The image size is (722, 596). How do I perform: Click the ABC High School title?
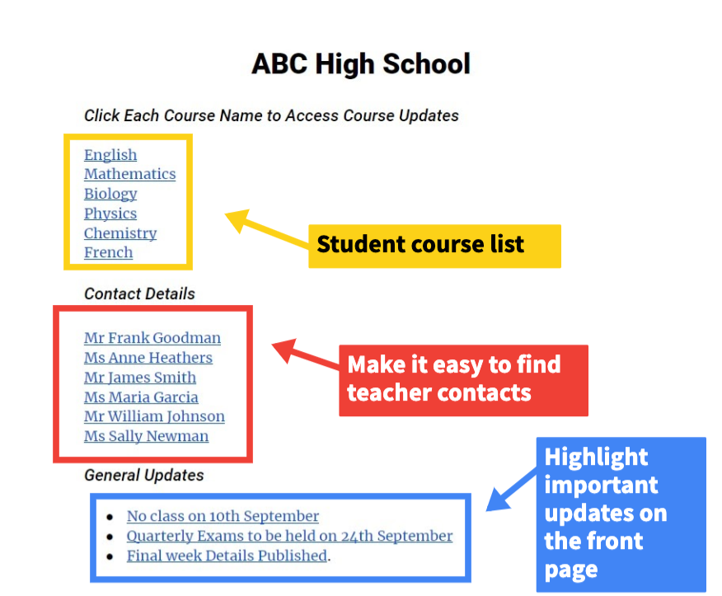[361, 63]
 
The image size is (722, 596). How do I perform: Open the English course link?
[110, 155]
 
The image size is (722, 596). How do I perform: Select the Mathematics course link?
[130, 174]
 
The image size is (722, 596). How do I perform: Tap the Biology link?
[110, 194]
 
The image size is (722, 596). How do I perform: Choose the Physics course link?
[110, 214]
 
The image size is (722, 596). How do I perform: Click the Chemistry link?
[120, 233]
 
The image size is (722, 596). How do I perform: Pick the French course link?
[108, 252]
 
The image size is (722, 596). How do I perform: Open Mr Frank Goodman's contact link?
[152, 338]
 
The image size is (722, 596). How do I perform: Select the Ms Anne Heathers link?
[148, 358]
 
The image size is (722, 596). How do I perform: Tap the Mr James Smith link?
[140, 378]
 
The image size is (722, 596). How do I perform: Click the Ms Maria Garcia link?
[141, 397]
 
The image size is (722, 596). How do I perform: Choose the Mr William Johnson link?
[154, 416]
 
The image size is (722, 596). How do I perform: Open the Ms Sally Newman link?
[146, 436]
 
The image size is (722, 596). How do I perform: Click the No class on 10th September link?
[223, 516]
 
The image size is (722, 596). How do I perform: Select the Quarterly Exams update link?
[289, 536]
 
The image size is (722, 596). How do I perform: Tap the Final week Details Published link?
[227, 556]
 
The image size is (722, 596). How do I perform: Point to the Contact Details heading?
[139, 293]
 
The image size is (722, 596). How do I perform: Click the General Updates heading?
[144, 476]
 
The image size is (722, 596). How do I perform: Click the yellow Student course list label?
[434, 246]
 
